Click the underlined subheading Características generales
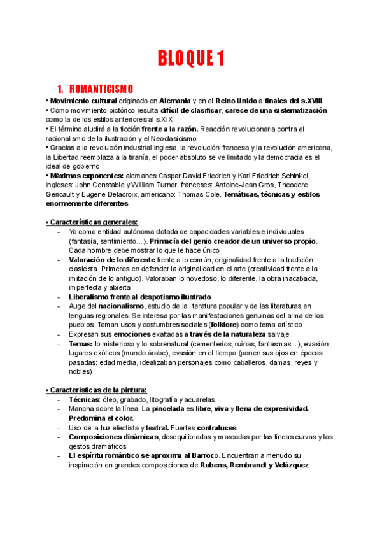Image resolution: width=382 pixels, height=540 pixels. (x=92, y=222)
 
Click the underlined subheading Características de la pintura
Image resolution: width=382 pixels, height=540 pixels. (x=97, y=390)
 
